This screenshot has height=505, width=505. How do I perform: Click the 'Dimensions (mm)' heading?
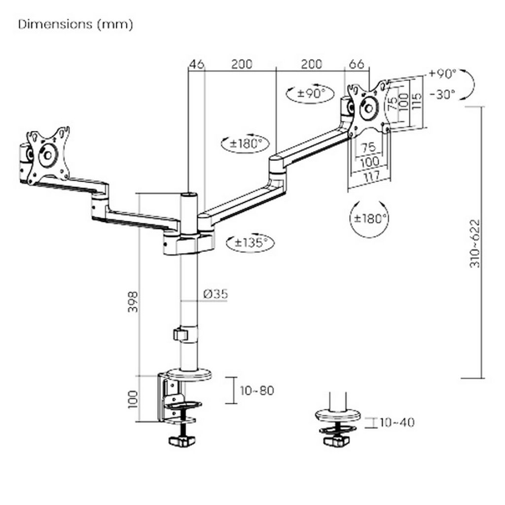(75, 25)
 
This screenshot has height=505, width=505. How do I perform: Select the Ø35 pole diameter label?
(215, 294)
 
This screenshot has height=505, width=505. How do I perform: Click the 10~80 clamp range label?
(256, 391)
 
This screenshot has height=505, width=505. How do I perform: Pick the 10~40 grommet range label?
(397, 422)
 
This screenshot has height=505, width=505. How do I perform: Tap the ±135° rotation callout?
(251, 242)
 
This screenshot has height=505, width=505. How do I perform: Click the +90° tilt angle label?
(443, 74)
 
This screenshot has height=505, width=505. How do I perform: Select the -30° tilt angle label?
(443, 95)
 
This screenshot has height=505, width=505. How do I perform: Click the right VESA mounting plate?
(368, 107)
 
